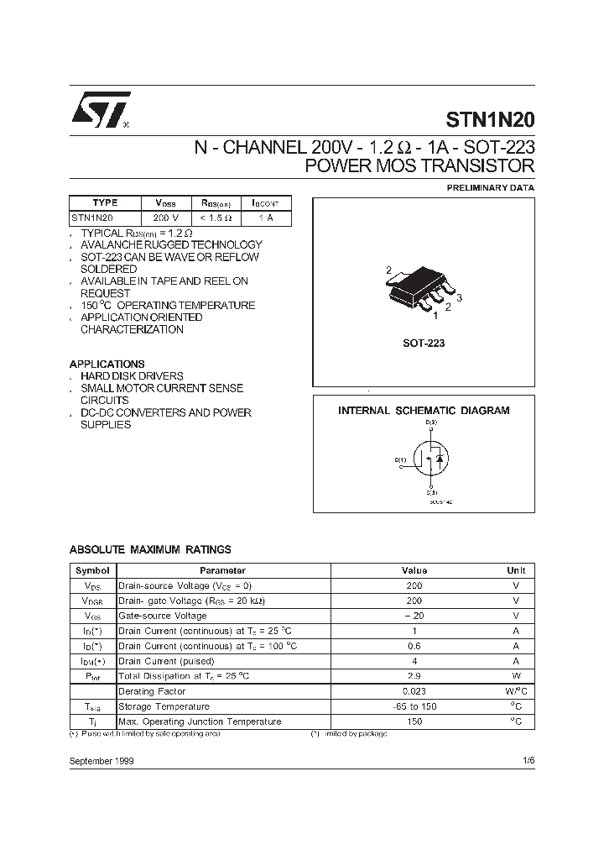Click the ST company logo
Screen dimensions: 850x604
coord(99,109)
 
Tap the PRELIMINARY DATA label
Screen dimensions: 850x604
coord(490,188)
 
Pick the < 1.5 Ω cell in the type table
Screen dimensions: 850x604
coord(216,218)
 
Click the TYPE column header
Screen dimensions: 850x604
coord(105,203)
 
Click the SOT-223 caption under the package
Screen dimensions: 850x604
coord(424,344)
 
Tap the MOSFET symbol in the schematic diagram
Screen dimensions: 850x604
coord(430,460)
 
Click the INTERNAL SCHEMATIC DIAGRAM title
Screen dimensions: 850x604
coord(424,411)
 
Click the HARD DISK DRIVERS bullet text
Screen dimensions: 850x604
coord(132,376)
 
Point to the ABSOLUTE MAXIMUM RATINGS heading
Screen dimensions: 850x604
coord(150,549)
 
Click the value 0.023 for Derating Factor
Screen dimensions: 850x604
coord(414,691)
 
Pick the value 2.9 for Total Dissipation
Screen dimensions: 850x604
coord(414,676)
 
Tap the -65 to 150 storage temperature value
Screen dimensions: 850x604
coord(414,706)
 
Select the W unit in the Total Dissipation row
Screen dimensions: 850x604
coord(516,676)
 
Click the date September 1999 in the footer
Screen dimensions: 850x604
coord(102,760)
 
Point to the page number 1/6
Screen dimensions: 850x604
coord(527,760)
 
